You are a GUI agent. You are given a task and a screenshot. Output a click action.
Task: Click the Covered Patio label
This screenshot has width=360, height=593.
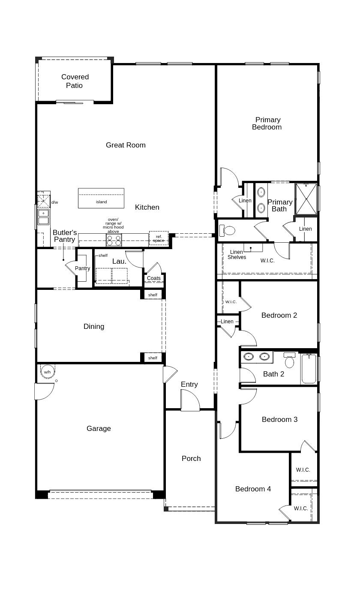(75, 81)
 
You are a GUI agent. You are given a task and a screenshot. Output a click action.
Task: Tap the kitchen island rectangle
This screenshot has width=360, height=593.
(101, 198)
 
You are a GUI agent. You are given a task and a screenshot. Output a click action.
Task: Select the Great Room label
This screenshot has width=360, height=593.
(126, 145)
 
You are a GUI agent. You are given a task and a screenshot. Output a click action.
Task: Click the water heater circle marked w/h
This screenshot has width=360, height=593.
(47, 372)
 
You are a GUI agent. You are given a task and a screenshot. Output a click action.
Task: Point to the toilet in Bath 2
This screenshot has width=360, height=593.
(290, 361)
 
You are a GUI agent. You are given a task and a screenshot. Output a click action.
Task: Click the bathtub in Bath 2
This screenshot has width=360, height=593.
(309, 369)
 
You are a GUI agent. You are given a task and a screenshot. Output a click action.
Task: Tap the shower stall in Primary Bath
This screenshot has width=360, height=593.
(306, 199)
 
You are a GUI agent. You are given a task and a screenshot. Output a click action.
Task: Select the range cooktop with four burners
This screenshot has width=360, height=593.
(114, 240)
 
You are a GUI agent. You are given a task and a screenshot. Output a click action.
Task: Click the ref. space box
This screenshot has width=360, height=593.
(159, 238)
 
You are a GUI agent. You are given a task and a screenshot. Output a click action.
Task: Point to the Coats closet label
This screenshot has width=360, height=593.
(153, 278)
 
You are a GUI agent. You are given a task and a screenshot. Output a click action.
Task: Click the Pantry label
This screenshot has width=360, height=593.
(82, 268)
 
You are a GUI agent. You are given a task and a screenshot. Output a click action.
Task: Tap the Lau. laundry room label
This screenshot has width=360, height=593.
(119, 261)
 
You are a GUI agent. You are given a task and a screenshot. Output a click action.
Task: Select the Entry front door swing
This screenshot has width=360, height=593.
(190, 401)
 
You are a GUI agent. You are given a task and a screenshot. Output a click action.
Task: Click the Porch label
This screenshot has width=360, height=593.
(191, 458)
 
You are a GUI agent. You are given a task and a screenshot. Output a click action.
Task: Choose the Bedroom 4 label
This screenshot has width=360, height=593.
(253, 489)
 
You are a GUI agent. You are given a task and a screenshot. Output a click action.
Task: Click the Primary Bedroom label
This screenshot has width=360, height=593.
(267, 123)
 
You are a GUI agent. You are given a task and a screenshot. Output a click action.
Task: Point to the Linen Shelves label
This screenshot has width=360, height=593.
(237, 255)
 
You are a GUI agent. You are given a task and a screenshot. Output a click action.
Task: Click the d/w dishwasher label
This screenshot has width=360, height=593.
(55, 202)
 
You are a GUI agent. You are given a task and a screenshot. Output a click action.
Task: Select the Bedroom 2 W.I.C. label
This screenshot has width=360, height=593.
(231, 302)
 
